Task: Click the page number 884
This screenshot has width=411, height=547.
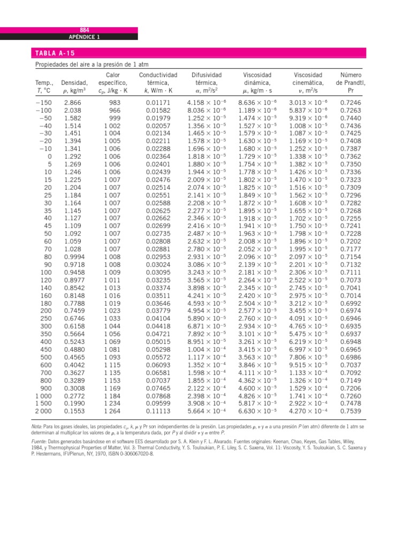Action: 84,30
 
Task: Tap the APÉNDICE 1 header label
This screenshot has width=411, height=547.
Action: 84,37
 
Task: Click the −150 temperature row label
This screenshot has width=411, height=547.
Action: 44,102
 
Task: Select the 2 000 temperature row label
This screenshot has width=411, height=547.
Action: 44,411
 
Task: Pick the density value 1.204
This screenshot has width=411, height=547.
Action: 73,187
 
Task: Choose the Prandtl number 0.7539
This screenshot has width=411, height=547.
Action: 351,411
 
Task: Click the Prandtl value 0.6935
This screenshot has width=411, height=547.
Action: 351,326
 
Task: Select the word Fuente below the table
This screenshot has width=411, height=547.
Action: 43,442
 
